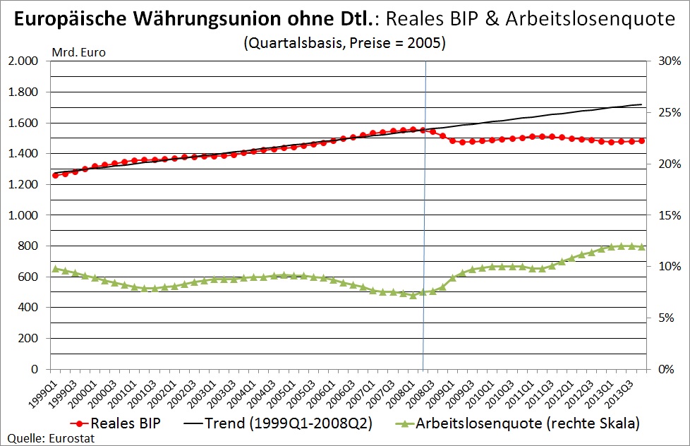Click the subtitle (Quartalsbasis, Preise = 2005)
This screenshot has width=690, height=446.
pyautogui.click(x=344, y=42)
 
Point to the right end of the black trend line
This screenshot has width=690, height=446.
pyautogui.click(x=641, y=104)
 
